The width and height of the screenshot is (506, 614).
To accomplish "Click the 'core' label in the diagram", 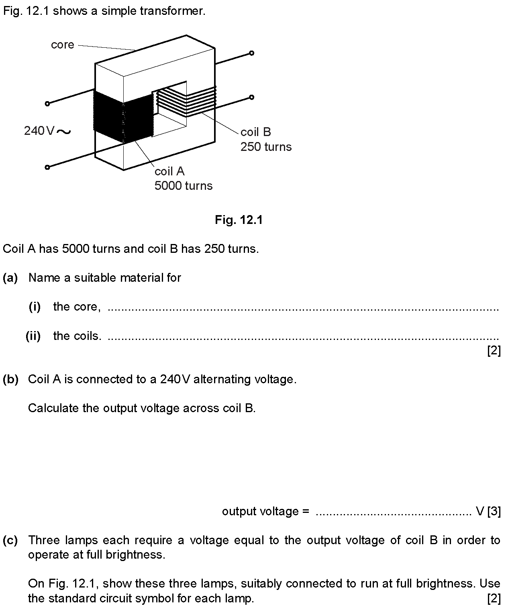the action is [62, 45].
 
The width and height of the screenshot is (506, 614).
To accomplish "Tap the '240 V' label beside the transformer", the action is [39, 131].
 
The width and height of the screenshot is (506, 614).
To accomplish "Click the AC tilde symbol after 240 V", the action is [63, 132].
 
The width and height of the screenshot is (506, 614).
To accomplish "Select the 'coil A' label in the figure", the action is [169, 171].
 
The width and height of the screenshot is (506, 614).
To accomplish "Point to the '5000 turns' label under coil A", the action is [184, 186].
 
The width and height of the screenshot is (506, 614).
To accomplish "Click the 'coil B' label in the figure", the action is [255, 132].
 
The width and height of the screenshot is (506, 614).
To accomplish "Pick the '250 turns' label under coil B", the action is [266, 147].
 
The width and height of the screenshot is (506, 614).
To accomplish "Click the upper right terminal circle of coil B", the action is [252, 53].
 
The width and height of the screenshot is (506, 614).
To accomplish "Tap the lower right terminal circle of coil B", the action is [252, 98].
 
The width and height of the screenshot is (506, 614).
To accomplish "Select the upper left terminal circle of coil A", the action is [47, 104].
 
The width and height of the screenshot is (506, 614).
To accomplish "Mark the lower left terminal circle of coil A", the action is [47, 167].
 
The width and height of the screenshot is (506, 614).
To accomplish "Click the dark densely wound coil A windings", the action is [123, 116].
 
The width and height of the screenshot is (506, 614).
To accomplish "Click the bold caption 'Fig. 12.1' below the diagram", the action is [239, 220].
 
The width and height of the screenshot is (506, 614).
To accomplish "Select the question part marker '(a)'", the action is [10, 278].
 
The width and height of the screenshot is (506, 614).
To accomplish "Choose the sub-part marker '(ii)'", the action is [33, 336].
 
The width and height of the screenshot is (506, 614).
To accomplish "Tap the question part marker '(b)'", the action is [10, 379].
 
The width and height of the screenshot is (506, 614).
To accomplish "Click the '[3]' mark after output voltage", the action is [494, 511].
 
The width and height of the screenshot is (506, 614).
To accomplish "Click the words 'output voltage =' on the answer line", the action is [265, 511].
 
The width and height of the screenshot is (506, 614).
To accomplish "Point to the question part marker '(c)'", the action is [10, 540].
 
